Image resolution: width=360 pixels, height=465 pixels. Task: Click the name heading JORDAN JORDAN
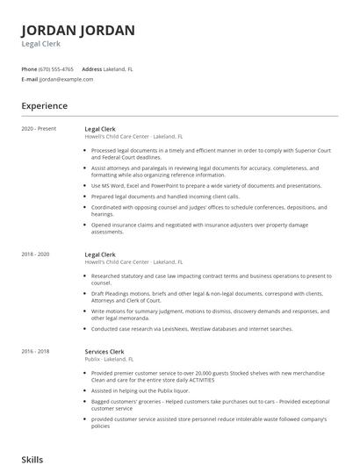78,31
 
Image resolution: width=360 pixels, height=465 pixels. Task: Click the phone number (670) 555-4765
57,68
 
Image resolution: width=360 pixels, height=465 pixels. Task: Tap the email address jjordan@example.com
66,79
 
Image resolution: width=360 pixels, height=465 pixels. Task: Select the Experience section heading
44,106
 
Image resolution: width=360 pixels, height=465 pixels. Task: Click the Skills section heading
32,459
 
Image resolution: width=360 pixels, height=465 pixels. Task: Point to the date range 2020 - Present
39,129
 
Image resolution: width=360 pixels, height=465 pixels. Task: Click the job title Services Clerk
104,351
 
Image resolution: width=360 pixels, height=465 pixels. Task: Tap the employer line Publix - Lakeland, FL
109,359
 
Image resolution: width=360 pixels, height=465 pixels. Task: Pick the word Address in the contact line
91,68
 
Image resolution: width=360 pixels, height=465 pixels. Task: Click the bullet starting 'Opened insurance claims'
200,228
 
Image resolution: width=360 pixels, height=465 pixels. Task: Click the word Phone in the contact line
29,68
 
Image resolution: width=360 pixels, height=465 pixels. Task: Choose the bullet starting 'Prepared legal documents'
165,197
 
